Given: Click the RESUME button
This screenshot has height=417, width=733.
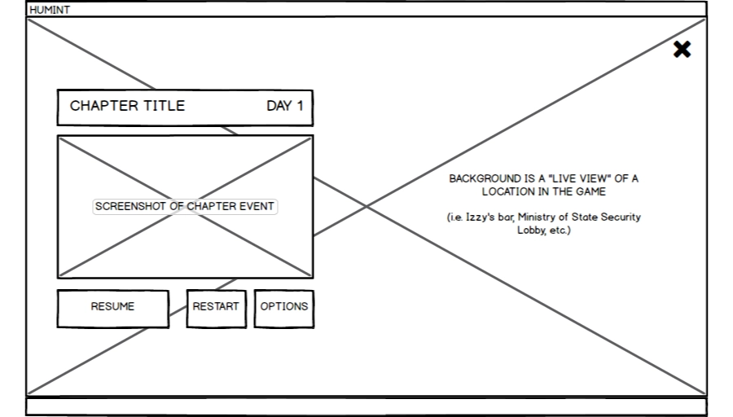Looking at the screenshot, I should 112,307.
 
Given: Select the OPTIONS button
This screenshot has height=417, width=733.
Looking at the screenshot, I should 283,307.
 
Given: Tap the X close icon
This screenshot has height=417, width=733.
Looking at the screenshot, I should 682,50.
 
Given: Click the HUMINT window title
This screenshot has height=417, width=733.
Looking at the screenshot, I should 50,10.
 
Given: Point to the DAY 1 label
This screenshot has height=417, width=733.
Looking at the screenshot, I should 284,106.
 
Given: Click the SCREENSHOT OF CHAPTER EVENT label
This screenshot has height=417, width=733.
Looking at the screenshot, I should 185,207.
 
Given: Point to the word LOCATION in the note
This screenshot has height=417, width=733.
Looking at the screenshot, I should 508,192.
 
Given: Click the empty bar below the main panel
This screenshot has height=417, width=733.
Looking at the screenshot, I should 366,406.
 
